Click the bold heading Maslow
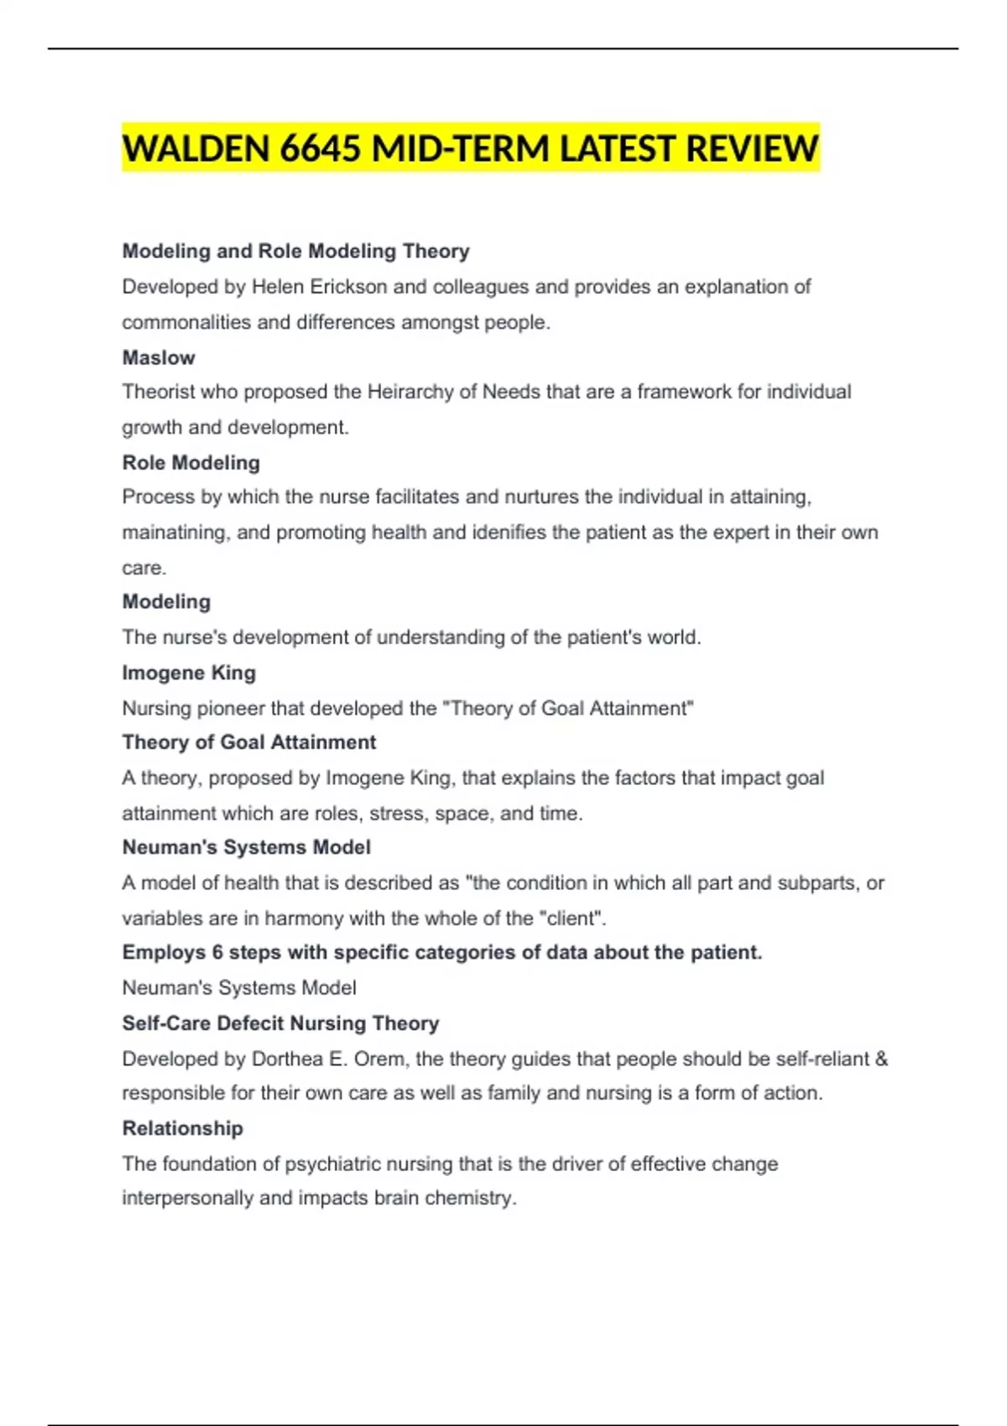(159, 357)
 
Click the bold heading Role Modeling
(191, 462)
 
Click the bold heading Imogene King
(189, 673)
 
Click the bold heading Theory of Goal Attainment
(249, 742)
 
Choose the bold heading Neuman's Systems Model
(247, 847)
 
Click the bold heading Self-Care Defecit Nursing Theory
(281, 1023)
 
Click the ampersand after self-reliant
(881, 1059)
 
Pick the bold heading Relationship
(183, 1128)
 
